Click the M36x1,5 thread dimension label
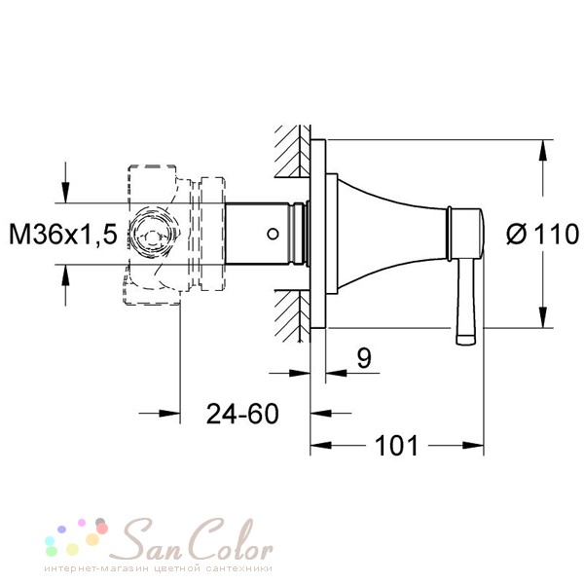point(63,235)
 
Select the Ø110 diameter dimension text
point(543,235)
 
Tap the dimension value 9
point(364,358)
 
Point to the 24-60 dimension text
point(242,414)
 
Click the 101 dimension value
point(397,446)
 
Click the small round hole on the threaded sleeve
point(273,234)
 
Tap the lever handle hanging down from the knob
point(466,302)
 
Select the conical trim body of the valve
point(391,234)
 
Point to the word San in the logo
point(151,543)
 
